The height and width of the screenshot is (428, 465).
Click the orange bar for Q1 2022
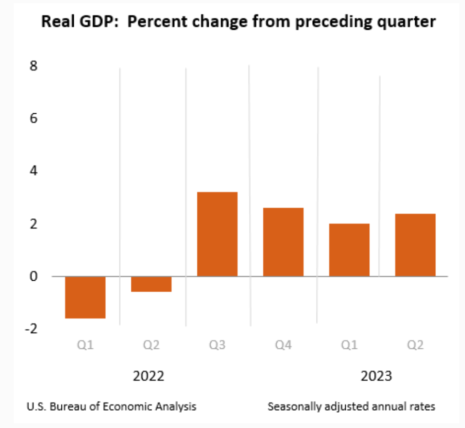(85, 297)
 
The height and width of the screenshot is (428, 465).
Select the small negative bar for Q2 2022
(151, 284)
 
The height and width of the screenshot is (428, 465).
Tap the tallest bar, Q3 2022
(217, 234)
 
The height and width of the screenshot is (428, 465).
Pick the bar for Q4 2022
(283, 242)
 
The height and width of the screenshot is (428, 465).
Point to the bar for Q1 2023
(349, 250)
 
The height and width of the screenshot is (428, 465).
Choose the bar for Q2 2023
(415, 245)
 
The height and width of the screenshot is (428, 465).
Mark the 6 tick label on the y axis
(33, 118)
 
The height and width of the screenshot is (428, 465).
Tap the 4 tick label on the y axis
(33, 171)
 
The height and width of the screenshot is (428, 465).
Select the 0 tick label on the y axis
(33, 276)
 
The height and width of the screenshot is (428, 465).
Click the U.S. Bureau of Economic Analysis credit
(111, 406)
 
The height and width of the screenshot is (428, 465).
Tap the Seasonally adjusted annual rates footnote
(351, 406)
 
